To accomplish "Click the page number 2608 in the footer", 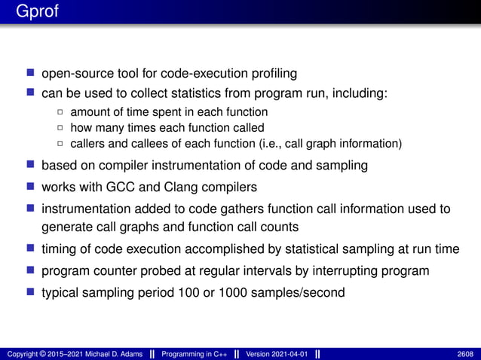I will pos(465,353).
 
